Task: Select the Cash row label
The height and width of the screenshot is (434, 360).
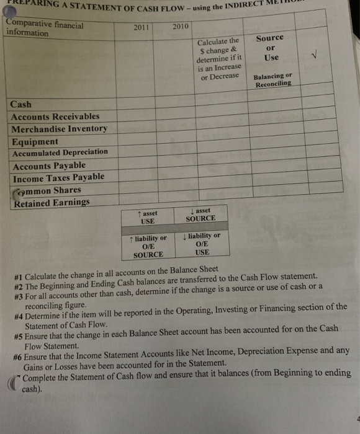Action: pos(21,104)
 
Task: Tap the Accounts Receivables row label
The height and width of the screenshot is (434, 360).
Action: pos(55,116)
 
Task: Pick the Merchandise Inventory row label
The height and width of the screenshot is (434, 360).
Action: pos(60,128)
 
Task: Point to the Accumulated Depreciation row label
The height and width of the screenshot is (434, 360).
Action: pos(60,153)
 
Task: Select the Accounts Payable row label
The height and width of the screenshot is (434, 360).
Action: pos(49,166)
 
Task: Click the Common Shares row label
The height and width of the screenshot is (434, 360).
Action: pos(48,190)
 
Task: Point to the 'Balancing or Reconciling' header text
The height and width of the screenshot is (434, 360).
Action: pos(272,81)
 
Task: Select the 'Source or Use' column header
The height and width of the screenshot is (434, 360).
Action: pos(270,48)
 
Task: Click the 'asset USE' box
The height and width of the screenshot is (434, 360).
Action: pos(148,217)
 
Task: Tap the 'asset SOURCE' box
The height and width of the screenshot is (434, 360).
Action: pos(200,215)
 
